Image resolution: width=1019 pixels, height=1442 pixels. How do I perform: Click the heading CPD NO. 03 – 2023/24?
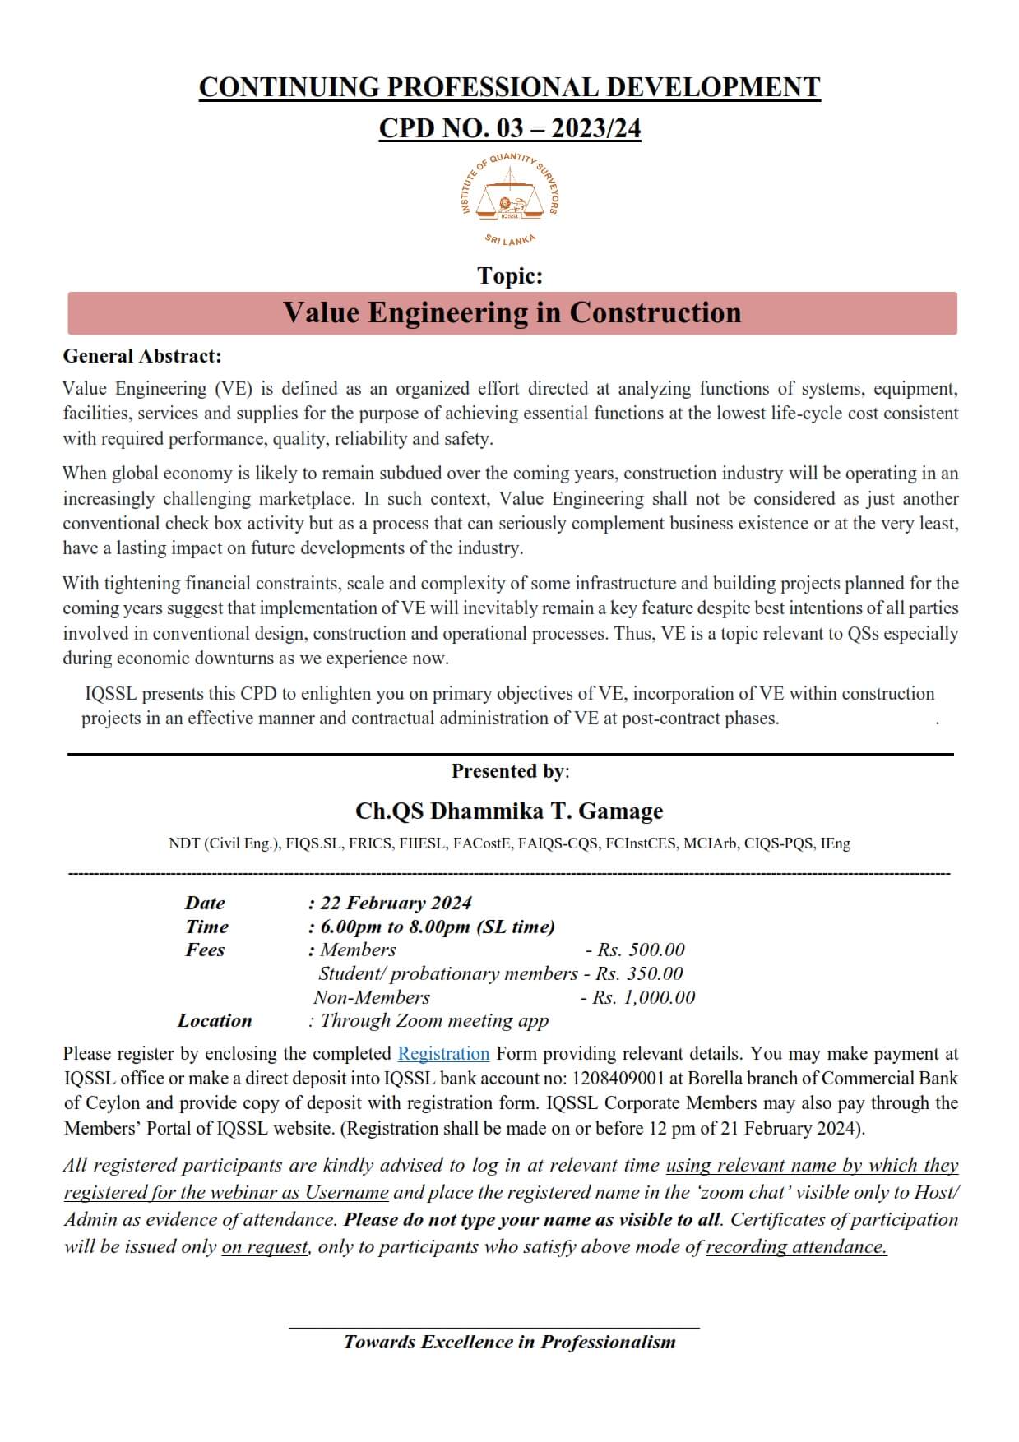(x=509, y=129)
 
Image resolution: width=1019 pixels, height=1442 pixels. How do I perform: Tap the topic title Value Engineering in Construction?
(x=512, y=313)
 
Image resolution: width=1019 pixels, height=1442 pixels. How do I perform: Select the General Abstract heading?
(x=142, y=356)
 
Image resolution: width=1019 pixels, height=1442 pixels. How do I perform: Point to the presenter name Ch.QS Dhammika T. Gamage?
(x=509, y=811)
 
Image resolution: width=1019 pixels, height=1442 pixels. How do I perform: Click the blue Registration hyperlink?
(x=443, y=1054)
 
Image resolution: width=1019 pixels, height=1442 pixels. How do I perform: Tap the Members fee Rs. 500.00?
(x=641, y=950)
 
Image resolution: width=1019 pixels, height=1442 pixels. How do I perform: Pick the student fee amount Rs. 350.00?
(x=639, y=974)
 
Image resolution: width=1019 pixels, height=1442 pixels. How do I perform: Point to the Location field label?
(x=215, y=1021)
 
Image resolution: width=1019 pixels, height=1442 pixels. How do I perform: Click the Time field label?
(x=206, y=927)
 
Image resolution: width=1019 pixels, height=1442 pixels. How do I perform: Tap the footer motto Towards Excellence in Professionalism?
(x=509, y=1343)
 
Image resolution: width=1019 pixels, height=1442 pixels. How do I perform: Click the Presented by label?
(x=509, y=771)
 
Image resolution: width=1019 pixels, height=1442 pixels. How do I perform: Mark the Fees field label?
(x=205, y=950)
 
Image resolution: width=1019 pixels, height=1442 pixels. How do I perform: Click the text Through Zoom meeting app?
(x=434, y=1021)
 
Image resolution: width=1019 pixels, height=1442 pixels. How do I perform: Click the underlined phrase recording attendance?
(x=796, y=1247)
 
